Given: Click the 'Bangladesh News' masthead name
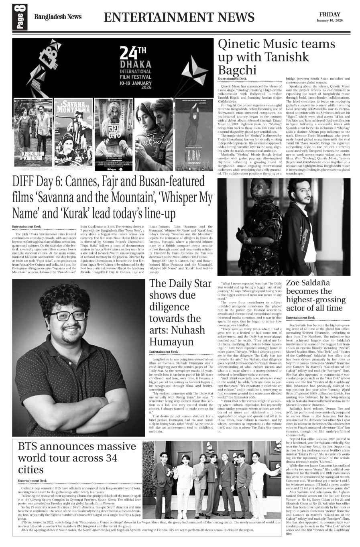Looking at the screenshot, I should point(57,17).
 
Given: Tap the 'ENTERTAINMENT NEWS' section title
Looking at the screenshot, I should point(179,17).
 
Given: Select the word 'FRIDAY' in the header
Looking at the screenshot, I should point(329,14).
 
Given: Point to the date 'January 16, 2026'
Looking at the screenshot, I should point(329,20).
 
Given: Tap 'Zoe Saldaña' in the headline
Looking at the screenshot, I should point(308,283).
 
